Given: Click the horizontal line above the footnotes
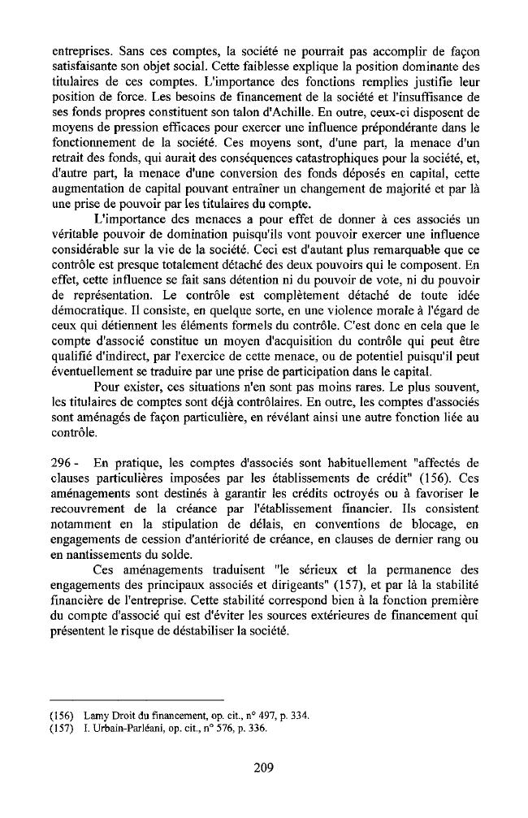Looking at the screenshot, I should tap(136, 699).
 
